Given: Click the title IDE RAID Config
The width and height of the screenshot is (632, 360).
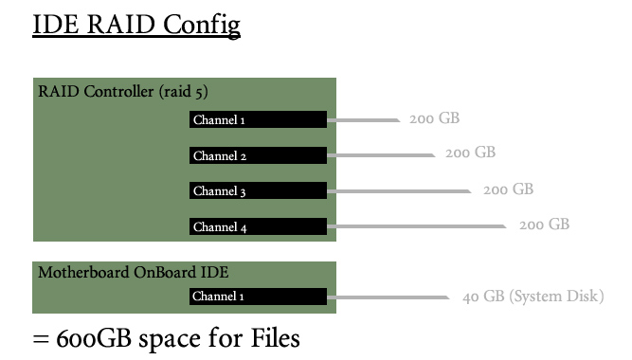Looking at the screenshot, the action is pyautogui.click(x=136, y=25).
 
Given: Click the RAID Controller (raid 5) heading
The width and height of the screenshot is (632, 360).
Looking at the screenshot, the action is pyautogui.click(x=123, y=92).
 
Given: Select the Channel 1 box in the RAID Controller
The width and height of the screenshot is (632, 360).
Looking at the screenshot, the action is pyautogui.click(x=258, y=119).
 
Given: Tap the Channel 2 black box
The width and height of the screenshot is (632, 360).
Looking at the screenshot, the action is pyautogui.click(x=258, y=155).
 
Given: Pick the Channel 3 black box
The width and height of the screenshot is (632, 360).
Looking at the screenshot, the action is pyautogui.click(x=258, y=190).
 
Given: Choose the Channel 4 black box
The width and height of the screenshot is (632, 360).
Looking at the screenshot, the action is pyautogui.click(x=258, y=226).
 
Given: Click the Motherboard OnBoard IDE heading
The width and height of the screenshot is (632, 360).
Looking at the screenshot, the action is pyautogui.click(x=134, y=273).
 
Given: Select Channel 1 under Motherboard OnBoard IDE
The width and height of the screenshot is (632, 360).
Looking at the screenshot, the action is pyautogui.click(x=258, y=297).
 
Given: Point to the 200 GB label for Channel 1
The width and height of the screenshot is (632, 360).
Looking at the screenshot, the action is pyautogui.click(x=435, y=118).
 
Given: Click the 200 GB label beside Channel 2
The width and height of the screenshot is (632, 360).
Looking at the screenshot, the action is pyautogui.click(x=470, y=153).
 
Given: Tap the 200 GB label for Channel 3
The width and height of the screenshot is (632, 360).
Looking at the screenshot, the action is pyautogui.click(x=508, y=189).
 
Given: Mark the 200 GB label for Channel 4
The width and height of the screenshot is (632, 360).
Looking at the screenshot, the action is pyautogui.click(x=544, y=225).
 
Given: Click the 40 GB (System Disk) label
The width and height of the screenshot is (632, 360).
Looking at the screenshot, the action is pyautogui.click(x=533, y=297).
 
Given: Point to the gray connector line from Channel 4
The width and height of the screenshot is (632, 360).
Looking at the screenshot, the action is pyautogui.click(x=417, y=226).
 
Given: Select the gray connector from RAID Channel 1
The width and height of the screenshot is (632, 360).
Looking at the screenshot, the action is pyautogui.click(x=364, y=120).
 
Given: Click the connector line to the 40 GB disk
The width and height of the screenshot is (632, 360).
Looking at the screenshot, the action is pyautogui.click(x=388, y=297).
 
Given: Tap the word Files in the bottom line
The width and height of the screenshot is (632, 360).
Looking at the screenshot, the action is pyautogui.click(x=276, y=338).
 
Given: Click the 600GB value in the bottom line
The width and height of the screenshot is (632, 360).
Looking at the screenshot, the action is pyautogui.click(x=94, y=338).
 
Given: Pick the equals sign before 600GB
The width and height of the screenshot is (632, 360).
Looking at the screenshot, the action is pyautogui.click(x=41, y=339).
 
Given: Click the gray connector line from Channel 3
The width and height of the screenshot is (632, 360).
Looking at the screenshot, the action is pyautogui.click(x=399, y=191).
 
